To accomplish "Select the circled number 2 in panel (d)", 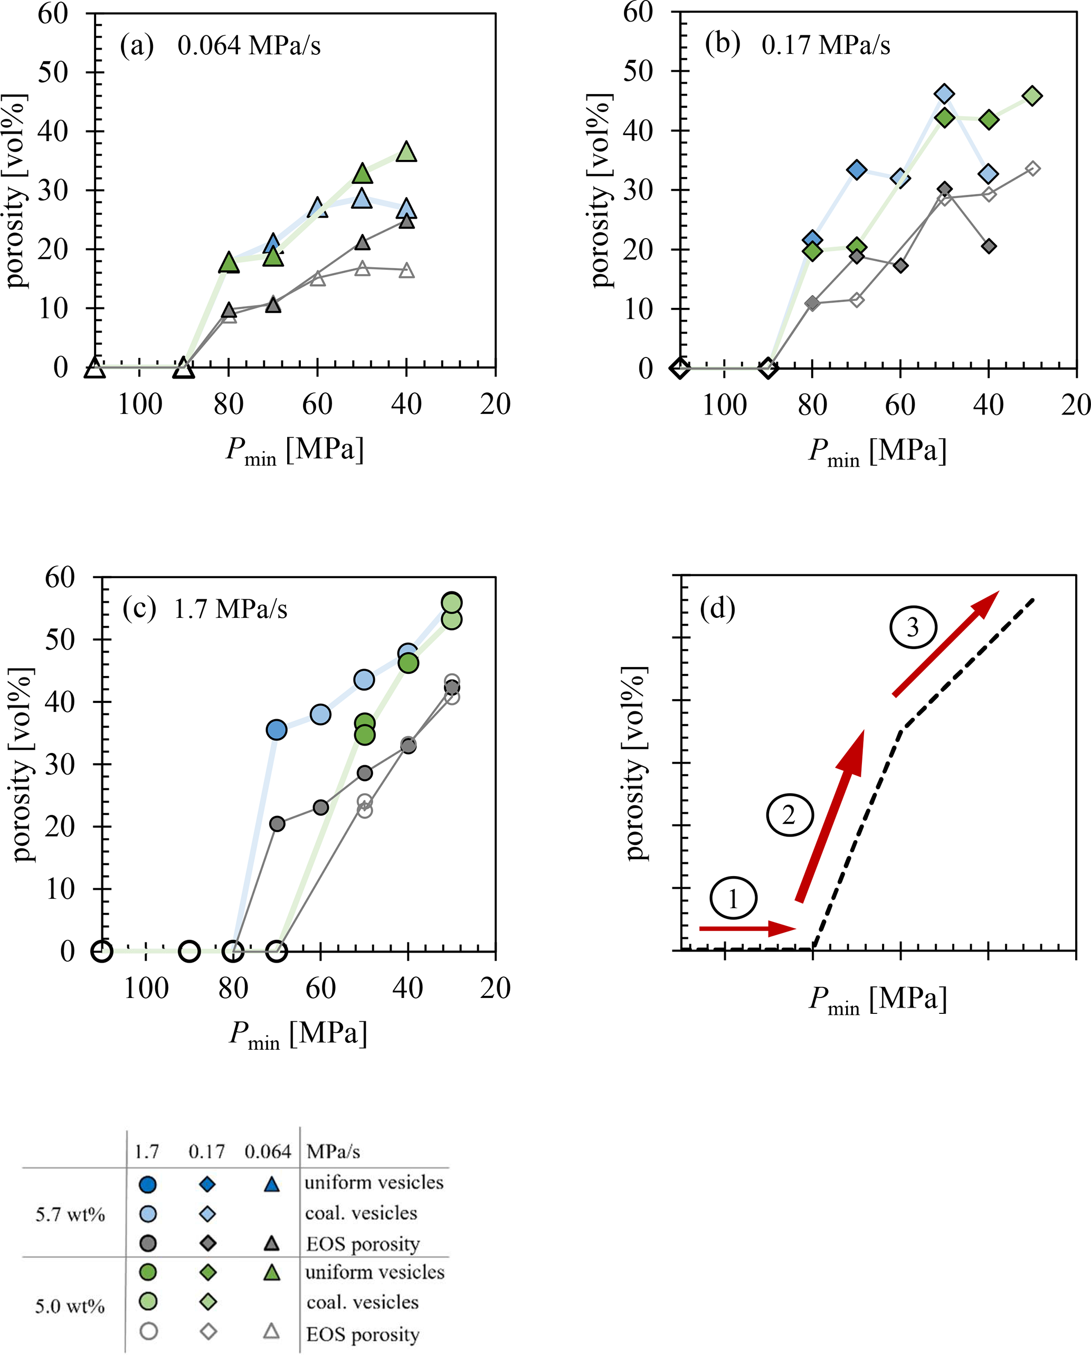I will point(789,815).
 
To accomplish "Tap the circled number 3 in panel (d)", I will point(913,627).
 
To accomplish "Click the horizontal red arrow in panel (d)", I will point(748,929).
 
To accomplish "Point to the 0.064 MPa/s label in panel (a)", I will point(249,46).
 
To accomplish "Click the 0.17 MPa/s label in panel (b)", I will point(826,45).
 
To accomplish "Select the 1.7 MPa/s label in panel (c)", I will point(230,609).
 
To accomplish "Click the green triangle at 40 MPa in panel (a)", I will point(406,152).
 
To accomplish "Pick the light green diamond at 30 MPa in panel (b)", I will point(1032,96).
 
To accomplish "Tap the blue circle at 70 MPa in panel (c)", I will point(277,730).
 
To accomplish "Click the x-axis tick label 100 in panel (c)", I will point(146,989).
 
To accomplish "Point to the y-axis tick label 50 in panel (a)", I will point(53,72).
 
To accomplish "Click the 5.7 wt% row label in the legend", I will point(70,1214).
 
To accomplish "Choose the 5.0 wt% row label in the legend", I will point(70,1306).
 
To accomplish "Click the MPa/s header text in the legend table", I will point(333,1151).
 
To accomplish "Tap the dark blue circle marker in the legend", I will point(148,1184).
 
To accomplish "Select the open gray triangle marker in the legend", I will point(271,1331).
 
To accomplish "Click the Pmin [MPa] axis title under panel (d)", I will point(877,999).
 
